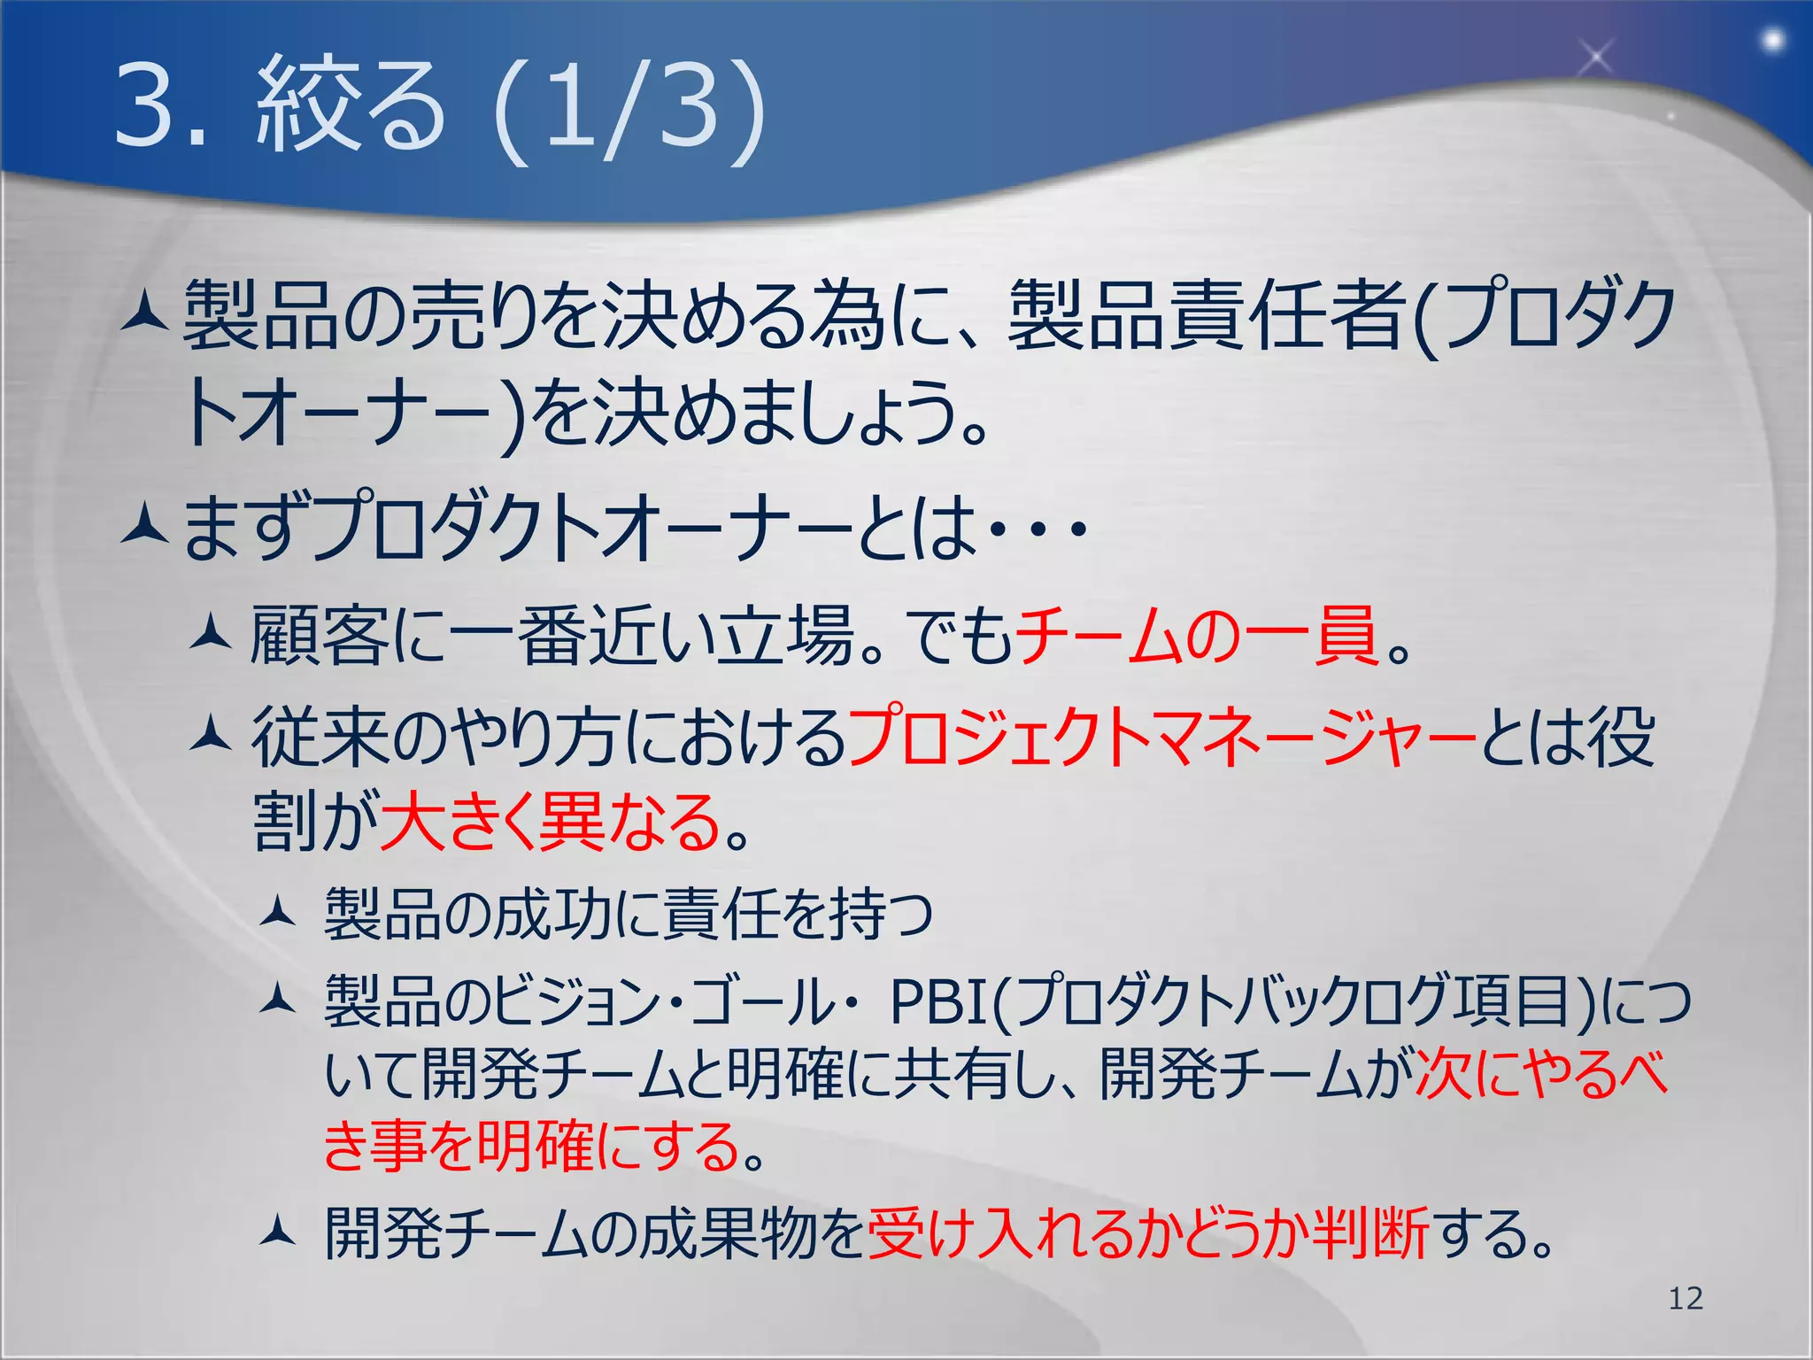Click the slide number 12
(1685, 1298)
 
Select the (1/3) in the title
(629, 108)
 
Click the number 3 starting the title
(143, 106)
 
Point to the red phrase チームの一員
(1196, 635)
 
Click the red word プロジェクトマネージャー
(1161, 737)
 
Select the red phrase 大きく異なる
(550, 822)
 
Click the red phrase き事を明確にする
(532, 1146)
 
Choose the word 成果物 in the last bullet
(728, 1233)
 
